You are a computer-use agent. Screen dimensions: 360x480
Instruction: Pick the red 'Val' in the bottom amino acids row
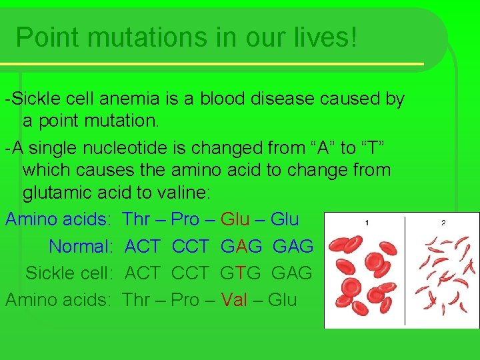pos(234,300)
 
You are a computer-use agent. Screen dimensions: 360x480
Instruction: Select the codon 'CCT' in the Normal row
pos(190,247)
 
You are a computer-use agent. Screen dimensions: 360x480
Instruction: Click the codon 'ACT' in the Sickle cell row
pos(143,273)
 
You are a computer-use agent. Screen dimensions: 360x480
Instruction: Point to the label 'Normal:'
pos(81,247)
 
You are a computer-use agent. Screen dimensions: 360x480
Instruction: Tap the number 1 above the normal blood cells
pos(367,223)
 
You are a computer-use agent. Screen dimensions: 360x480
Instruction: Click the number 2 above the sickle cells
pos(443,223)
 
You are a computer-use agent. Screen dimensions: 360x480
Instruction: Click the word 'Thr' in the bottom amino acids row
pos(136,300)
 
